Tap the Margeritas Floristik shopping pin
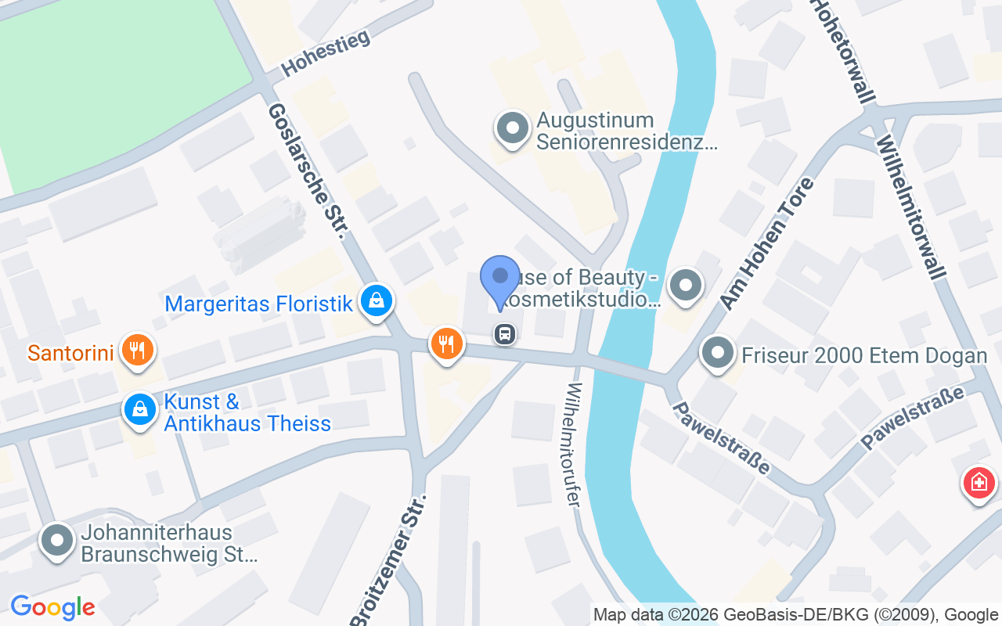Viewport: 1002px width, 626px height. click(377, 300)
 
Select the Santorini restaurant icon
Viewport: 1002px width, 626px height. click(138, 350)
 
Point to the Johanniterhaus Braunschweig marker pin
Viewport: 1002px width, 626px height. click(57, 541)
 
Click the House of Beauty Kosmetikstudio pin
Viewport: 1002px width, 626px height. click(687, 285)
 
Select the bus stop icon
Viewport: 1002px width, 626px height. click(505, 335)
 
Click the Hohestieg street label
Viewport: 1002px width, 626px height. click(325, 53)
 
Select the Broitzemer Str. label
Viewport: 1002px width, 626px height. click(390, 560)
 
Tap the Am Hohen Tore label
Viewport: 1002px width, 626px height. click(766, 243)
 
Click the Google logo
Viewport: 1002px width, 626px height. click(52, 607)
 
